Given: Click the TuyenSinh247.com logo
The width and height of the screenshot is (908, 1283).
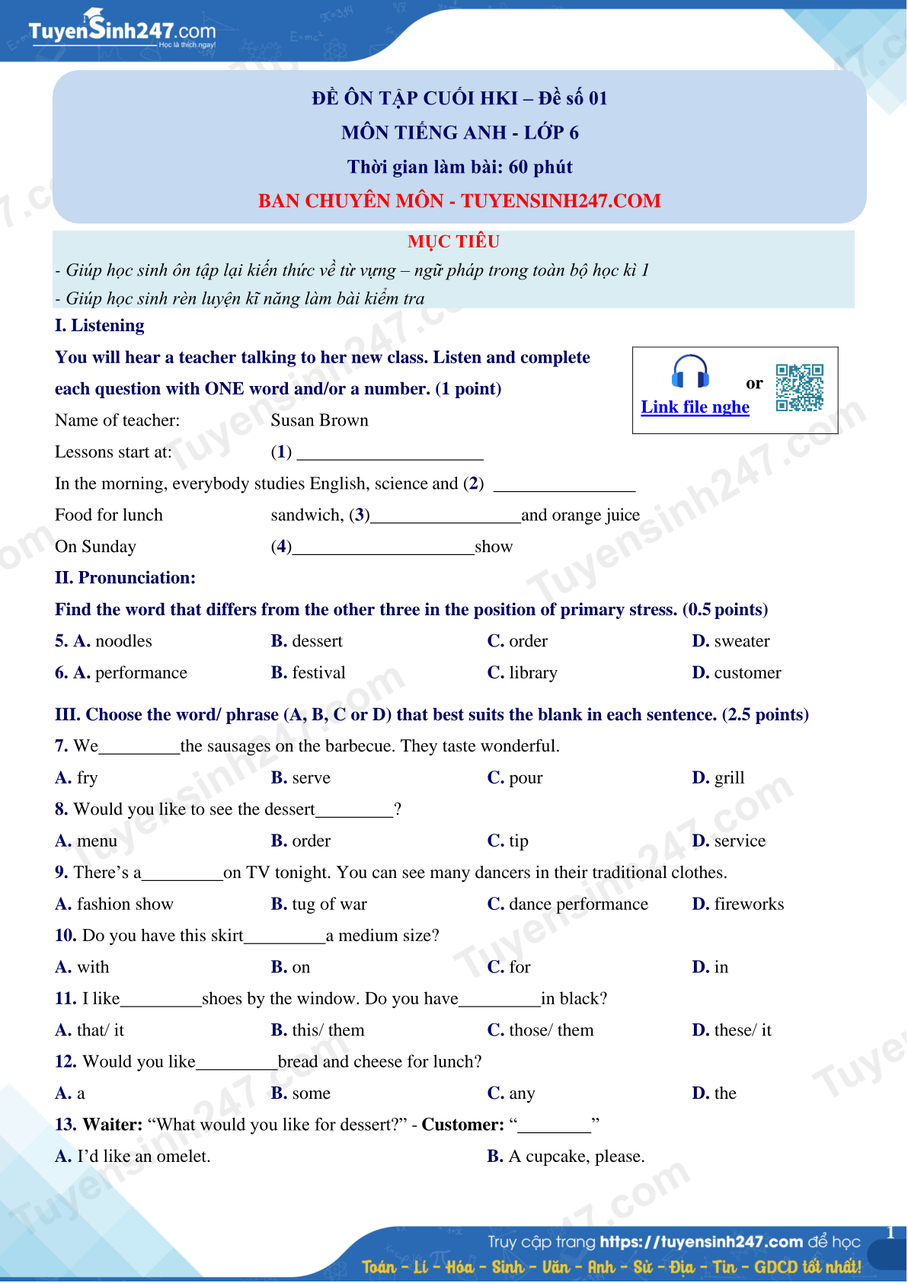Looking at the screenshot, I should click(122, 30).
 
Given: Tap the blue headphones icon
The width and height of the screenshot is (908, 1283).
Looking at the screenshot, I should click(690, 372).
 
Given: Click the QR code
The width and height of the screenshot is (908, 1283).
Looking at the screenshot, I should click(799, 387).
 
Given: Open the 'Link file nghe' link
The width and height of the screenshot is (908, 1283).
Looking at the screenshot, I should click(695, 407).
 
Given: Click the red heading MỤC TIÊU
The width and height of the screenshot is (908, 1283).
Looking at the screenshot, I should click(453, 241).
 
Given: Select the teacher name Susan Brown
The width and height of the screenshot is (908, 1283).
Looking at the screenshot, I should click(319, 420).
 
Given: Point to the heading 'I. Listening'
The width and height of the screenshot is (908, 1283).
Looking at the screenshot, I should click(99, 326).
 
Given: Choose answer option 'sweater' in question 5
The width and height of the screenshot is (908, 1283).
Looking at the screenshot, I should click(741, 641).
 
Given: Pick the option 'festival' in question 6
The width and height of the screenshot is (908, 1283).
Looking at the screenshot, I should click(318, 673).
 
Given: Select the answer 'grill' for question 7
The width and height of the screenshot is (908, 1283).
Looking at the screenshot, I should click(729, 778).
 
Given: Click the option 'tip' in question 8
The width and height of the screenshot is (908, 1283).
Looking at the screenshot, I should click(518, 841).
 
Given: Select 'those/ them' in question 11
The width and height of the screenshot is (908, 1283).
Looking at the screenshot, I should click(551, 1031).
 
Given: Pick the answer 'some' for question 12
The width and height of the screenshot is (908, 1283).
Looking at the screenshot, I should click(311, 1094).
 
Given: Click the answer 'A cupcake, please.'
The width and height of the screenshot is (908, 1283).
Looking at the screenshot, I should click(576, 1157).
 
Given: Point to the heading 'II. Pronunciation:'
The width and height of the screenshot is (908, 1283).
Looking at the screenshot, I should click(125, 578).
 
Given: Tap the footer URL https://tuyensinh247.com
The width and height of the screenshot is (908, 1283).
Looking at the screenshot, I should click(701, 1242).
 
